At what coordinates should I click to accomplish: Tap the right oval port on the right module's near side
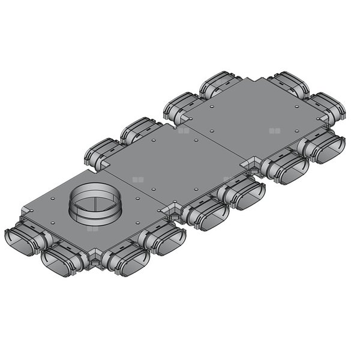[x=325, y=148]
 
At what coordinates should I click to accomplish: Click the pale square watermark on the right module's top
[x=275, y=130]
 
